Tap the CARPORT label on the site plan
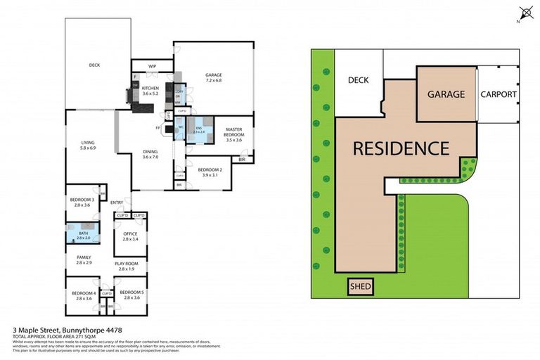pyautogui.click(x=499, y=94)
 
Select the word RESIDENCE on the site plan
pyautogui.click(x=401, y=148)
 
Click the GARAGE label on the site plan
pyautogui.click(x=446, y=94)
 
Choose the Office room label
pyautogui.click(x=131, y=236)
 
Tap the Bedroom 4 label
pyautogui.click(x=84, y=295)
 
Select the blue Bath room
pyautogui.click(x=83, y=235)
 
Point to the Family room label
pyautogui.click(x=84, y=259)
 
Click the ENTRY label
pyautogui.click(x=117, y=203)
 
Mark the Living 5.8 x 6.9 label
pyautogui.click(x=88, y=146)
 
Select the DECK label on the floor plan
pyautogui.click(x=94, y=65)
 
